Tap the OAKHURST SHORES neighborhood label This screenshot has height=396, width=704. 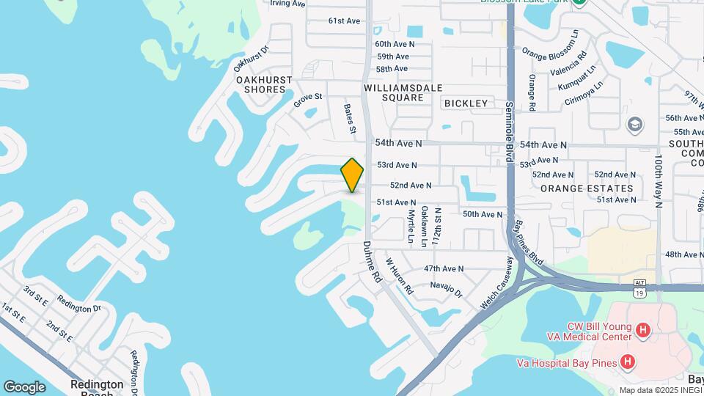[265, 84]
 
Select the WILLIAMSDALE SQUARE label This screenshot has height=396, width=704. [403, 92]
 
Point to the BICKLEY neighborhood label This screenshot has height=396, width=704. [466, 103]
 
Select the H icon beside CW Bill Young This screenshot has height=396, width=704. [643, 331]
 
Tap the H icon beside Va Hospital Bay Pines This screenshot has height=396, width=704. [627, 362]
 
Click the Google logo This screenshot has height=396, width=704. [24, 386]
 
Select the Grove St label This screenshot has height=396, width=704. [308, 100]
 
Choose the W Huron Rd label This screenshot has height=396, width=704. [400, 276]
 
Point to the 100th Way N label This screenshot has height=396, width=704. [659, 180]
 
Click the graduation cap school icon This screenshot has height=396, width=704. [634, 123]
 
